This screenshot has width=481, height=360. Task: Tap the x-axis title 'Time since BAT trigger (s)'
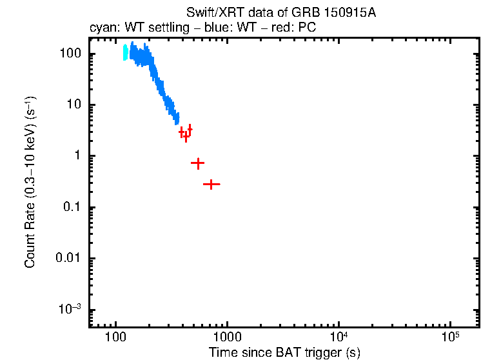284,352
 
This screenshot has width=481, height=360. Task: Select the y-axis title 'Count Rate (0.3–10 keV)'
30,182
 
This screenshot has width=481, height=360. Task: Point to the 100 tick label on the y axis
70,54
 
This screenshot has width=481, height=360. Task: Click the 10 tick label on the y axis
74,105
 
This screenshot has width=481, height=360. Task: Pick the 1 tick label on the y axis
77,156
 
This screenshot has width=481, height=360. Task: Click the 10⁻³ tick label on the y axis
70,309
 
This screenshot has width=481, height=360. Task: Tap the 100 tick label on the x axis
115,337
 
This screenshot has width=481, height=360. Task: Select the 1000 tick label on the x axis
227,337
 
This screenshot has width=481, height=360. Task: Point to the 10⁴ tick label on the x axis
338,337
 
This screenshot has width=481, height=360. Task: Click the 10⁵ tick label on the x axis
449,337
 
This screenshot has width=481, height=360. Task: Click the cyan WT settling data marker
126,53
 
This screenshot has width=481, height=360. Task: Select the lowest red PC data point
211,184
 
